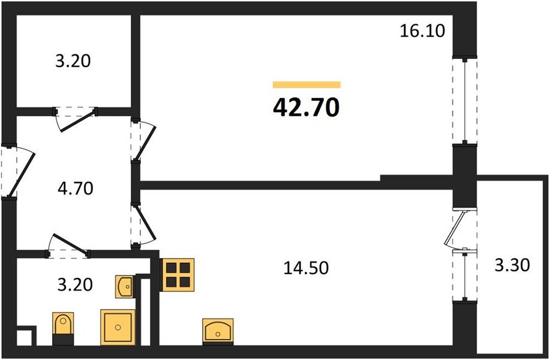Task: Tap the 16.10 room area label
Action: (x=422, y=31)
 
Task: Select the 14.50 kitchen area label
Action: (x=306, y=268)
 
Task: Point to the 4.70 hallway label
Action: (x=76, y=188)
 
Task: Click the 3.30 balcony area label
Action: (x=512, y=265)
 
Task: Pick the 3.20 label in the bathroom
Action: (x=75, y=284)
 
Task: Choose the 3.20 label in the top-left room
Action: (x=73, y=61)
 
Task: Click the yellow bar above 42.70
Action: (x=306, y=85)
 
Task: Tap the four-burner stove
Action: (x=178, y=275)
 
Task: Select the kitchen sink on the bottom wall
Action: (x=218, y=331)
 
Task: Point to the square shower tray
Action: (x=118, y=327)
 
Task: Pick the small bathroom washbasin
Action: (x=125, y=287)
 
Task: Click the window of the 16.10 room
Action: (x=465, y=101)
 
